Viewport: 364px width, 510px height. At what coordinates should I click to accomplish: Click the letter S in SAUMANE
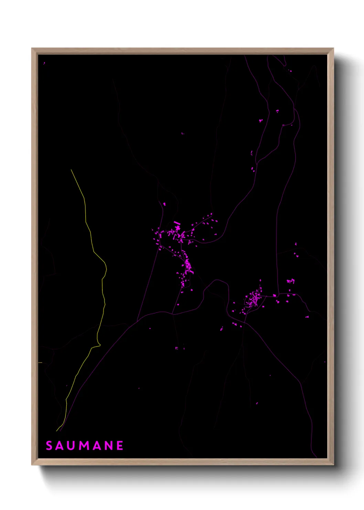click(49, 446)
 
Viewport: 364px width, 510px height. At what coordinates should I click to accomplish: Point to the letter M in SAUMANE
click(86, 446)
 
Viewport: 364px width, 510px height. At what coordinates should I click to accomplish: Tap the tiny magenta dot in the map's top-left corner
click(44, 63)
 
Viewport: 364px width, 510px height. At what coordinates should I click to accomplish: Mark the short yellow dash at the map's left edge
click(40, 363)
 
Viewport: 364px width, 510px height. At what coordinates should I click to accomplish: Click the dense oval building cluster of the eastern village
click(254, 298)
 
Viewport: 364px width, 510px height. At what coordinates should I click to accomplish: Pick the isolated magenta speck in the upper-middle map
click(183, 133)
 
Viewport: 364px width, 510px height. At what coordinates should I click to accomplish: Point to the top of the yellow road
click(71, 170)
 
